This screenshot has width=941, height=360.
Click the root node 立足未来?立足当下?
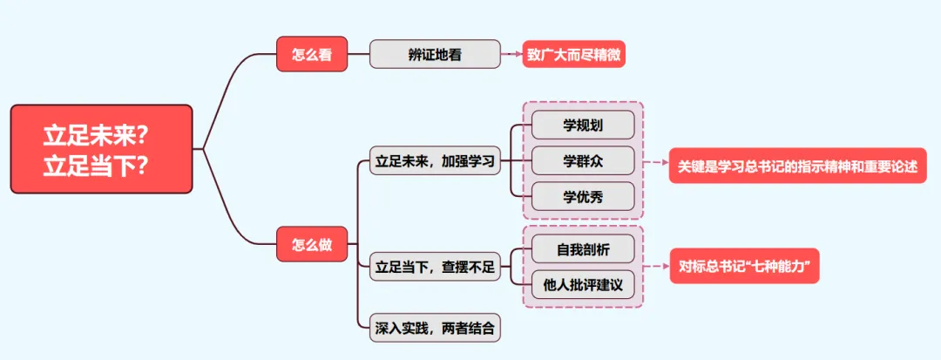tap(101, 150)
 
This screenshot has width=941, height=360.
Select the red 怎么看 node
tap(311, 54)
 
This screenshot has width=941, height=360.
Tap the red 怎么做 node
tap(311, 245)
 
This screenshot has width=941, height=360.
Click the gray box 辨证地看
tap(435, 54)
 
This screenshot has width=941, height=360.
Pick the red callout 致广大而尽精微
tap(574, 54)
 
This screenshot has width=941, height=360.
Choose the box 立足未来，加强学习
tap(435, 161)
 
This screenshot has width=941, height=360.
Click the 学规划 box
tap(583, 125)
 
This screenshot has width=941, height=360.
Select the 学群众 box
tap(583, 160)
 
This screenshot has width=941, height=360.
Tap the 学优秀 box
tap(583, 196)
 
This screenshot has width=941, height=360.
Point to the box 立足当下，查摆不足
tap(435, 267)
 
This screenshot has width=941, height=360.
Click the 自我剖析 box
tap(583, 249)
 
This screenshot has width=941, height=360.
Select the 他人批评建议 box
tap(583, 285)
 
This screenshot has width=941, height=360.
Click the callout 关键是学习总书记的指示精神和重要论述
tap(797, 166)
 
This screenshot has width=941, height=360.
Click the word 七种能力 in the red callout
tap(786, 267)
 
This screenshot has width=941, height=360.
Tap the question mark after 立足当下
tap(137, 166)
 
